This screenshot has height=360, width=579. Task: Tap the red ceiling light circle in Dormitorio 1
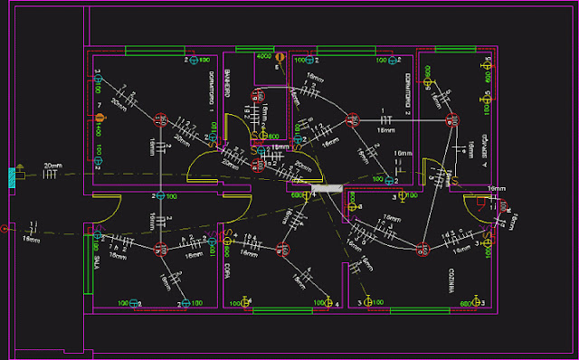coord(160,118)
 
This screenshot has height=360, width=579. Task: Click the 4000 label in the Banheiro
coord(263,57)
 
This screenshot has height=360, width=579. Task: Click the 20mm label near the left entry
coord(53,166)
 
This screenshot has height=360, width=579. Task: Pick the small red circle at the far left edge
coord(5,228)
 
